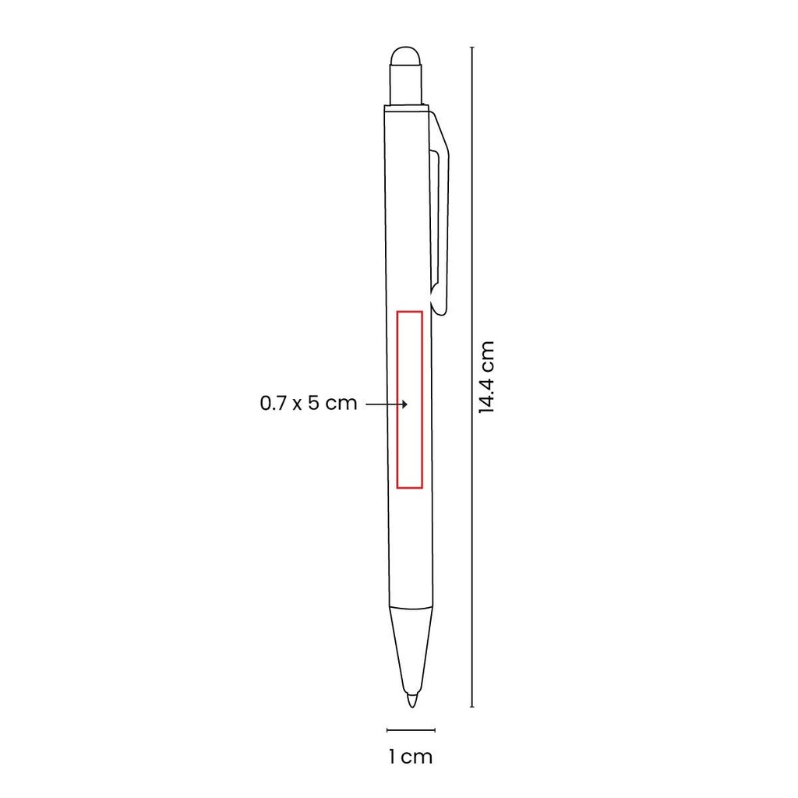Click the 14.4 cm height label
(486, 377)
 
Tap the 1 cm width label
(410, 757)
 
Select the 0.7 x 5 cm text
(309, 403)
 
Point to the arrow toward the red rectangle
(387, 404)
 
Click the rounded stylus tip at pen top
(405, 57)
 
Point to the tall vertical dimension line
(472, 377)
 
